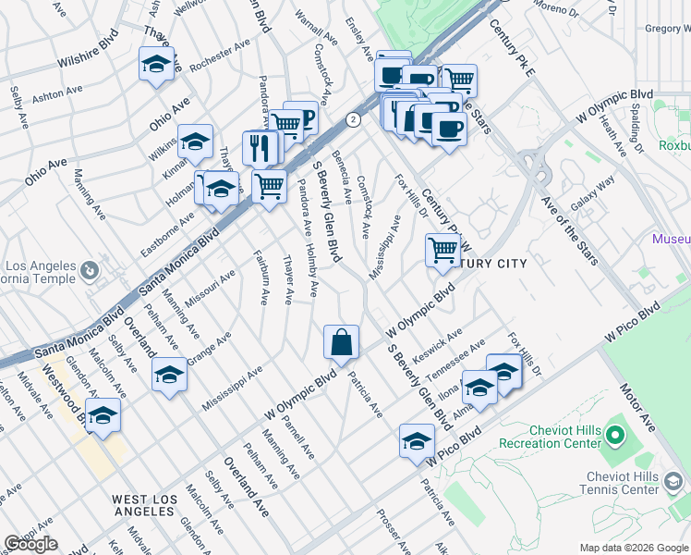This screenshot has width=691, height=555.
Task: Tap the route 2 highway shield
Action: tap(353, 119)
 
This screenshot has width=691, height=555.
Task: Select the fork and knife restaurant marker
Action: tap(261, 150)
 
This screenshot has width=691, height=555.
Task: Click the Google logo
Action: tap(30, 544)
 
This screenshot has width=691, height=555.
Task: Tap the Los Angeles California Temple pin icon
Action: tap(90, 271)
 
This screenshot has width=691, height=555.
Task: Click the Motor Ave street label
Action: tap(638, 406)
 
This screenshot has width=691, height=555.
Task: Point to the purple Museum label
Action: tap(671, 240)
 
